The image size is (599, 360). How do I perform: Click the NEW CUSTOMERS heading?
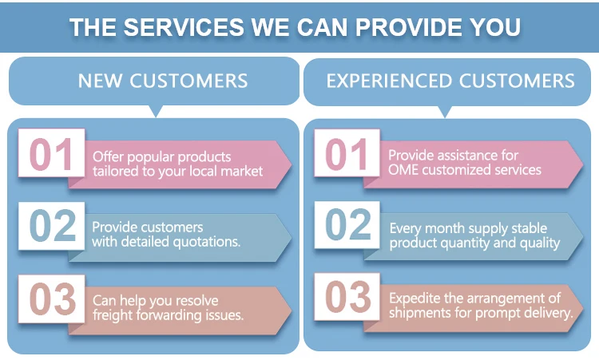tap(163, 81)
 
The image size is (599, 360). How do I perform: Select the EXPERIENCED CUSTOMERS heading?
tap(450, 81)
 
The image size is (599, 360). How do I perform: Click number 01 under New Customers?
tap(52, 156)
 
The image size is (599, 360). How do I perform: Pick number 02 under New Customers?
tap(52, 227)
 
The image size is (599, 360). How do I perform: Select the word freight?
tap(113, 315)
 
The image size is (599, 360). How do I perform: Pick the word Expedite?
tap(415, 299)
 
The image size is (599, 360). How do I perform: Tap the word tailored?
tap(115, 171)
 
